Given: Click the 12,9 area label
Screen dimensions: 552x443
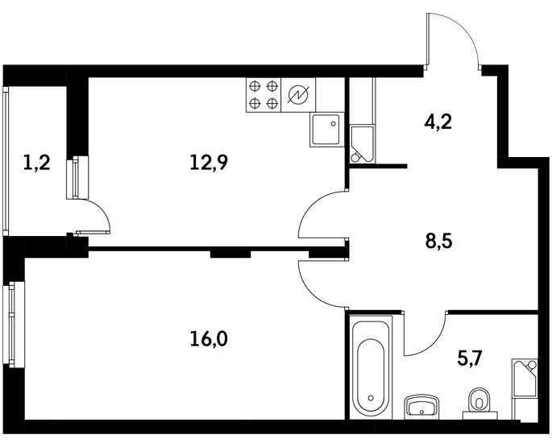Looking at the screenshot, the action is click(209, 163).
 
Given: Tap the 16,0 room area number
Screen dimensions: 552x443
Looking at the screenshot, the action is click(209, 339).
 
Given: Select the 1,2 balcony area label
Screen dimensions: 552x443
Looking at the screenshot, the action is click(36, 163).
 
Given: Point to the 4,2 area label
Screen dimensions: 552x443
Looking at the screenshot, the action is click(438, 122).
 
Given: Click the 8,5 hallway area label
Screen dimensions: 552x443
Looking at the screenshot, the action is click(438, 242).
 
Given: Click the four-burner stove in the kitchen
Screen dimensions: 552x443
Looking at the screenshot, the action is click(264, 95).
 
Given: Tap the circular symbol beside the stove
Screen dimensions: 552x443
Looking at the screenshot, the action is click(298, 95).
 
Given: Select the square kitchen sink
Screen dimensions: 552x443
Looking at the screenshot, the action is click(326, 129).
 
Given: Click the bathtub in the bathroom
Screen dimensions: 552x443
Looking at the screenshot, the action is click(370, 366).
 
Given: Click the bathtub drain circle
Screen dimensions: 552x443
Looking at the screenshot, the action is click(371, 398).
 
